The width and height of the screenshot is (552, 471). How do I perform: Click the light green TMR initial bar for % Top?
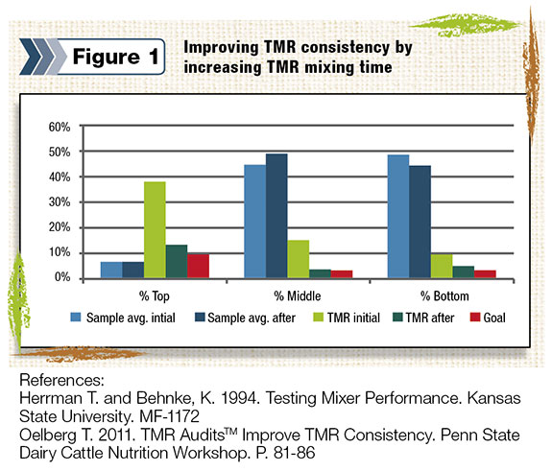pos(155,229)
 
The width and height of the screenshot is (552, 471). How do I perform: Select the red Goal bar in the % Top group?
pos(198,266)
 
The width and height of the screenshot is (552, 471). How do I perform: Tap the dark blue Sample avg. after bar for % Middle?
pos(276,216)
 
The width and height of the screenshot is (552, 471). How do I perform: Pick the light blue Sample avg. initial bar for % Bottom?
pos(398,217)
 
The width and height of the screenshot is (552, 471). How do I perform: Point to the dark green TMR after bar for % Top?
pos(177,261)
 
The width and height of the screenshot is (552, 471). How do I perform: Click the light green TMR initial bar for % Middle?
pos(299,259)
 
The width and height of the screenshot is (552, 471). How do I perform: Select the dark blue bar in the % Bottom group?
pos(420,222)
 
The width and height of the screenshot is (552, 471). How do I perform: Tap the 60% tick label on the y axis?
pos(60,127)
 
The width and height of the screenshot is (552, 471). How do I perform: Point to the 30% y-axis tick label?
pos(60,202)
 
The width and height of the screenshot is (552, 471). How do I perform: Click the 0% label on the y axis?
pos(62,277)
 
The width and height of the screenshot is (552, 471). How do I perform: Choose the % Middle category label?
pos(298,296)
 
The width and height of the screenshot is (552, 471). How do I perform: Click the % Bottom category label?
pos(444,296)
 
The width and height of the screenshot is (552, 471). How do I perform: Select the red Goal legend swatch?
pos(475,318)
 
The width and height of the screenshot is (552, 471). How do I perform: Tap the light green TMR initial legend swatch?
pos(319,318)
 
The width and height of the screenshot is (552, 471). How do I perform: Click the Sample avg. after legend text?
pos(252,318)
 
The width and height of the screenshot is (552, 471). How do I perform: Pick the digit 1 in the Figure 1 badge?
pos(154,57)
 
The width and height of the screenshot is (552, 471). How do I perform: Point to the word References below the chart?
pos(62,380)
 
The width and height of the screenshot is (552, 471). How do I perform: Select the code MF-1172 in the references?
pos(169,416)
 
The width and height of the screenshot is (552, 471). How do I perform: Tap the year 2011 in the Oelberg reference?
pos(117,435)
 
